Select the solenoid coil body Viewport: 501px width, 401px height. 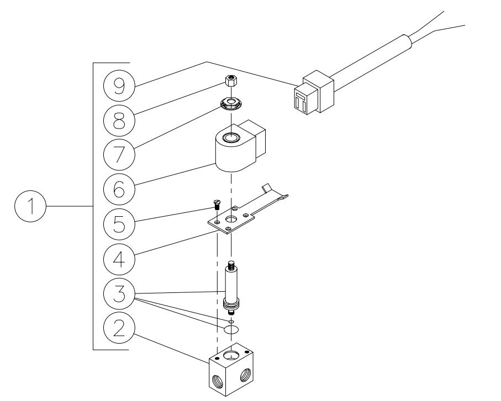pyautogui.click(x=232, y=152)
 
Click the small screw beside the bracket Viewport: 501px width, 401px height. pyautogui.click(x=217, y=205)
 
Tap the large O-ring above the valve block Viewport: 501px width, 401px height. pyautogui.click(x=231, y=329)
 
